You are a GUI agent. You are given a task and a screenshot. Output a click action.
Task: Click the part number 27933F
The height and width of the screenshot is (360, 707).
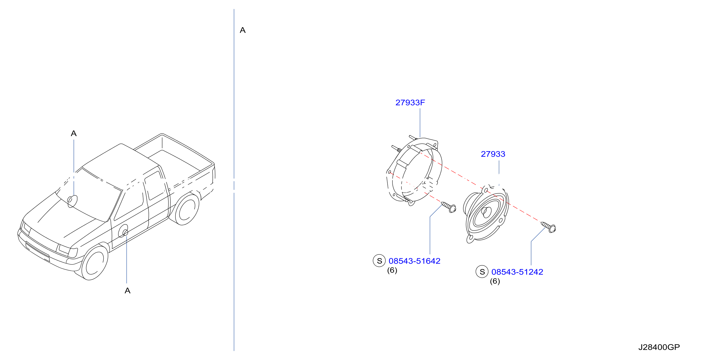pos(410,103)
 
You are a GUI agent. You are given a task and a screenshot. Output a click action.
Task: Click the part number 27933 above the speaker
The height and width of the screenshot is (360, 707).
pos(493,154)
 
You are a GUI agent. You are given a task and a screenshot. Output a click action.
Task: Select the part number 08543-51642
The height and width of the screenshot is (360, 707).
pos(415,261)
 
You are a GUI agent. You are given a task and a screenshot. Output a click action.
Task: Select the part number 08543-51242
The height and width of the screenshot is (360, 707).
pos(517,272)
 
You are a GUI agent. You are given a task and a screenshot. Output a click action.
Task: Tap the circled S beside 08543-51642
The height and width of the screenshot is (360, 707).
pos(379,261)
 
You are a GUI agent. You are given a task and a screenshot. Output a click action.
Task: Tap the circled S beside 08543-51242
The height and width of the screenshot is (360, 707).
pos(482,272)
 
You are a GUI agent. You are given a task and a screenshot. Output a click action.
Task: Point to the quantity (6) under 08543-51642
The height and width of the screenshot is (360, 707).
pos(392,270)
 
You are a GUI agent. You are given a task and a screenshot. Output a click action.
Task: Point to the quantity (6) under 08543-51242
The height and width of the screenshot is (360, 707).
pos(495,281)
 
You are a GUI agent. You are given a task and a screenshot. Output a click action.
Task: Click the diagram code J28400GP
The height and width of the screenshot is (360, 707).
pos(659,347)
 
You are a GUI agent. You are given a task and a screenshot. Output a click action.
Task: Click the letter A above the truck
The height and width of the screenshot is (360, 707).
pos(74,133)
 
